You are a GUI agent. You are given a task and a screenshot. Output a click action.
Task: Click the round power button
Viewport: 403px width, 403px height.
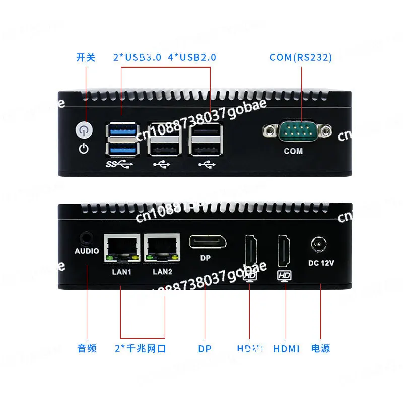(84, 130)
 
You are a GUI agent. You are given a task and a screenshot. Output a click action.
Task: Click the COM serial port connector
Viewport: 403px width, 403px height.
(297, 132)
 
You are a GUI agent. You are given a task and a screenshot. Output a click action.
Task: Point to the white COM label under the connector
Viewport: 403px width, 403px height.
(293, 151)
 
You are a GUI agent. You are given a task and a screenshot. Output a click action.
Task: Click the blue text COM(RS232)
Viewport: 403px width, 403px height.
(301, 57)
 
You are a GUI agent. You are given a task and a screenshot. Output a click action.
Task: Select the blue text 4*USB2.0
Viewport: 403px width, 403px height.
(191, 57)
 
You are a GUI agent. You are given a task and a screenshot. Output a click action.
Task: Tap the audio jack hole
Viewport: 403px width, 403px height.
(87, 237)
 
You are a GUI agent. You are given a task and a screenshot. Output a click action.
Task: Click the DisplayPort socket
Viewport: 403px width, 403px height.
(207, 242)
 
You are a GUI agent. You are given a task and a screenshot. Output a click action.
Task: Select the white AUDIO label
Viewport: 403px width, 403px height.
(87, 251)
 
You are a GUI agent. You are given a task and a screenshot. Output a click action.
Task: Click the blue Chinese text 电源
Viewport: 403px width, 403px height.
(320, 348)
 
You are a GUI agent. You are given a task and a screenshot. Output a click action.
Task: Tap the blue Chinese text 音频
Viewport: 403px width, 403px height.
(87, 348)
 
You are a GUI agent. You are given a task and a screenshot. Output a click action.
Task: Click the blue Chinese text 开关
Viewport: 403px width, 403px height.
(86, 57)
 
